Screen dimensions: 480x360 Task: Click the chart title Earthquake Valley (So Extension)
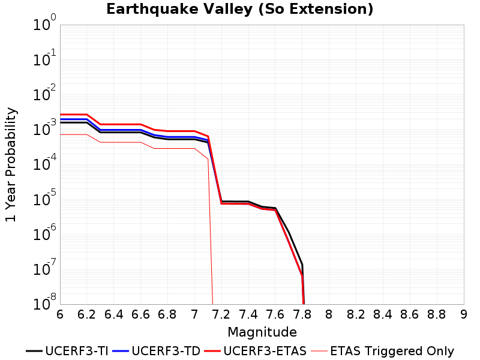pyautogui.click(x=239, y=9)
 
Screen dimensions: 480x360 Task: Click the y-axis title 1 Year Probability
pyautogui.click(x=11, y=164)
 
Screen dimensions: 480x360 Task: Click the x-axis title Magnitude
pyautogui.click(x=262, y=332)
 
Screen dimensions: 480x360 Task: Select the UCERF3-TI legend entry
pyautogui.click(x=67, y=351)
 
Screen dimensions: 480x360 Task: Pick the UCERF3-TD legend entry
pyautogui.click(x=157, y=351)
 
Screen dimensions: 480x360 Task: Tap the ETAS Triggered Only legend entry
pyautogui.click(x=382, y=351)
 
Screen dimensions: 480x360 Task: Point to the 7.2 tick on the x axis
pyautogui.click(x=221, y=314)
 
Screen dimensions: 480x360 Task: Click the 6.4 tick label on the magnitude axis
pyautogui.click(x=113, y=314)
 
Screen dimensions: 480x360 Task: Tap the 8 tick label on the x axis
pyautogui.click(x=329, y=314)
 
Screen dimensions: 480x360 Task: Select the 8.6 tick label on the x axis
pyautogui.click(x=410, y=314)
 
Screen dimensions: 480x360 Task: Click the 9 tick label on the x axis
pyautogui.click(x=464, y=314)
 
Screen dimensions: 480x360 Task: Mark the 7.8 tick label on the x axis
pyautogui.click(x=302, y=314)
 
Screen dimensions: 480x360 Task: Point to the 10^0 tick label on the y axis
pyautogui.click(x=44, y=22)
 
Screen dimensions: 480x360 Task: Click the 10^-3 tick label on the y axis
pyautogui.click(x=44, y=127)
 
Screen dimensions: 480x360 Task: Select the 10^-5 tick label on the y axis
pyautogui.click(x=44, y=197)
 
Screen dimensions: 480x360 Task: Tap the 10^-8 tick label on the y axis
pyautogui.click(x=44, y=302)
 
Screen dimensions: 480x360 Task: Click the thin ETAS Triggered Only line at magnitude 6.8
pyautogui.click(x=167, y=148)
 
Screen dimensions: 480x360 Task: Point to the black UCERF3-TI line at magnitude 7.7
pyautogui.click(x=289, y=233)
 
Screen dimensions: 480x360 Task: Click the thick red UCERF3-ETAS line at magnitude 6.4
pyautogui.click(x=113, y=124)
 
